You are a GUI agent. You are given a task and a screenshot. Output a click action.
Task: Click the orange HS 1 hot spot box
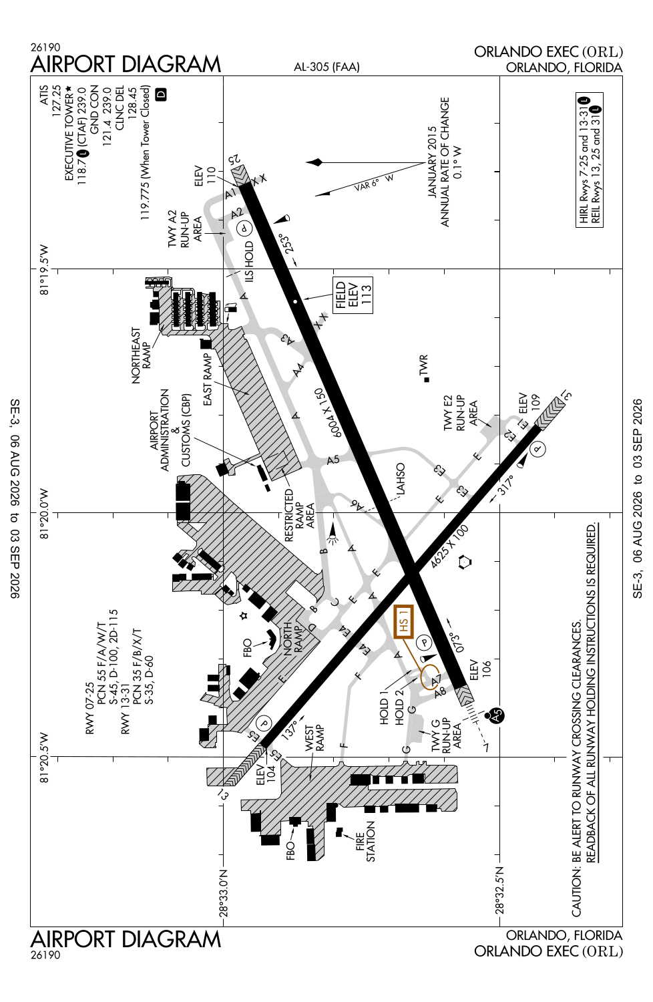click(404, 621)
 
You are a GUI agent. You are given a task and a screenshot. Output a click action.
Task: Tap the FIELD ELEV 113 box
click(353, 295)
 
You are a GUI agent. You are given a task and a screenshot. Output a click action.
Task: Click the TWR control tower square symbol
click(427, 379)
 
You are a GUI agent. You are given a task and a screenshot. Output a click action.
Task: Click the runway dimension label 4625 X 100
click(449, 546)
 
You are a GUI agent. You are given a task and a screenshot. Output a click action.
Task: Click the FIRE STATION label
click(365, 842)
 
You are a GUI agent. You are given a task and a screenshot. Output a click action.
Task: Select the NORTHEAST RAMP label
click(142, 355)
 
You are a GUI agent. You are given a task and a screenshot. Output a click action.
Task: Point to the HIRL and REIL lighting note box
click(590, 160)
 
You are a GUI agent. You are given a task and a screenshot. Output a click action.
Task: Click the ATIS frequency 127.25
click(56, 101)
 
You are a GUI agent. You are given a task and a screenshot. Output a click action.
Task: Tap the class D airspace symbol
click(161, 94)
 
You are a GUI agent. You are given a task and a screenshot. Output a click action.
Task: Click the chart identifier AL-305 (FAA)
click(326, 67)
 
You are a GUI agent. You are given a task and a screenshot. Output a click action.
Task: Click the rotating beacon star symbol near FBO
click(244, 617)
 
